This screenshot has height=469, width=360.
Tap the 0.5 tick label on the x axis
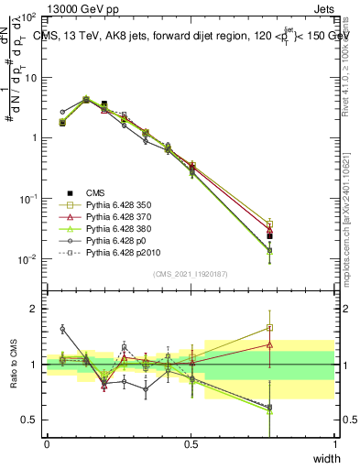click(x=191, y=445)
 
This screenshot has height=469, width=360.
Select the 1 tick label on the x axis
click(x=334, y=445)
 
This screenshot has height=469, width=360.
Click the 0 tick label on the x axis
click(x=47, y=445)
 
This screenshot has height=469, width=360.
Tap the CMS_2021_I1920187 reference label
click(x=190, y=274)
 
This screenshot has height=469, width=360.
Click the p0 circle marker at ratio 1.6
click(x=62, y=329)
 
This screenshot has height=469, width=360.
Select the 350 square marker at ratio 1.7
click(x=269, y=327)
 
